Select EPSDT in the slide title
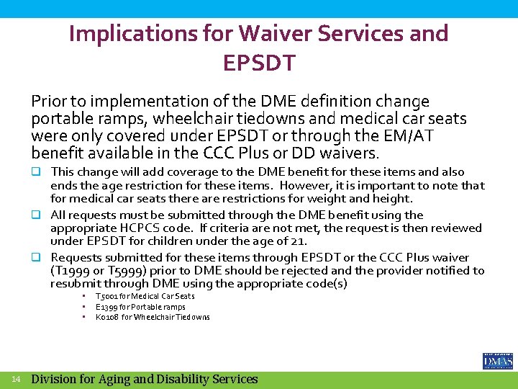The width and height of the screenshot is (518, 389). (258, 63)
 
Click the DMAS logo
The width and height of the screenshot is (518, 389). (497, 361)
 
